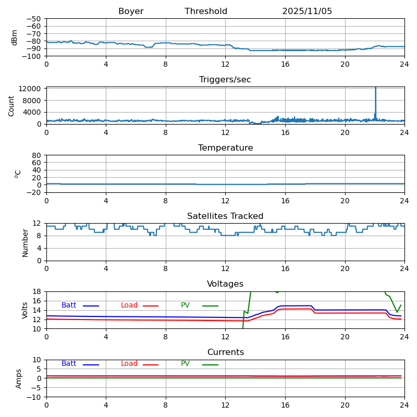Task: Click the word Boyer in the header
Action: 131,11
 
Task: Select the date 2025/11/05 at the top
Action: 307,11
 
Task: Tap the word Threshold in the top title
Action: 206,11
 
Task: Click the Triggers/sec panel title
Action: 225,80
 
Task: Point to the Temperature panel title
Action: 225,148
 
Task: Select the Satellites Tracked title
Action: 225,216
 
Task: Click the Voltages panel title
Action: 225,284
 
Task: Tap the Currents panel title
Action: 225,352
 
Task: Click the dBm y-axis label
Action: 15,37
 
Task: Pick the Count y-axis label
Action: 11,105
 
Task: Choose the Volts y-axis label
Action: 25,310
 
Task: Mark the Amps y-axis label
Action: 19,378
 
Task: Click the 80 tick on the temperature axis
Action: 37,155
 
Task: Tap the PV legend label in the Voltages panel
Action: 186,305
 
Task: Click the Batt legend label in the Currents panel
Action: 69,364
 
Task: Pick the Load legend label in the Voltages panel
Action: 129,305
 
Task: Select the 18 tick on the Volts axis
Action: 38,291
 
